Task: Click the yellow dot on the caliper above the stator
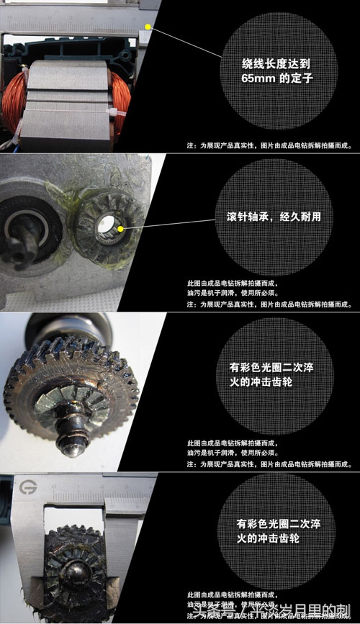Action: tap(148, 26)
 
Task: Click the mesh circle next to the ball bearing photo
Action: tap(277, 216)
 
